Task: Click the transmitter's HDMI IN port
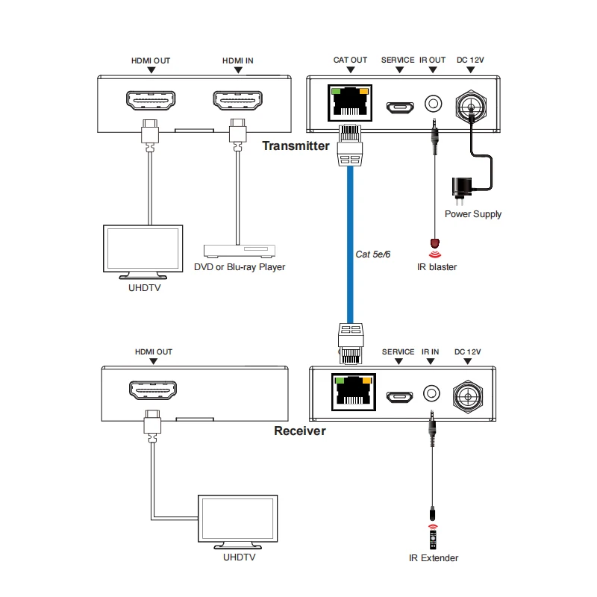click(237, 101)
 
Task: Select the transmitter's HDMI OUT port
click(151, 101)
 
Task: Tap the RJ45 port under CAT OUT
click(350, 103)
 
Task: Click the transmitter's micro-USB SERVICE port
click(400, 107)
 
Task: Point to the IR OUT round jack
click(434, 104)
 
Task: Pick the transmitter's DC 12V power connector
click(471, 106)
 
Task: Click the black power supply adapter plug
click(462, 190)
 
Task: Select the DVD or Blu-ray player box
click(240, 251)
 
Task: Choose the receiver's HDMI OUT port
click(153, 390)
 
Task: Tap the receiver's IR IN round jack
click(431, 393)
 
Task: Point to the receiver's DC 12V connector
click(468, 396)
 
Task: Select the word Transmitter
click(296, 146)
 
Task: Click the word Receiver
click(300, 431)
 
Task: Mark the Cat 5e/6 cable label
click(372, 254)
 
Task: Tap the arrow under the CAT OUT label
click(351, 69)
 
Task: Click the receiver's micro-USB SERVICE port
click(400, 397)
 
